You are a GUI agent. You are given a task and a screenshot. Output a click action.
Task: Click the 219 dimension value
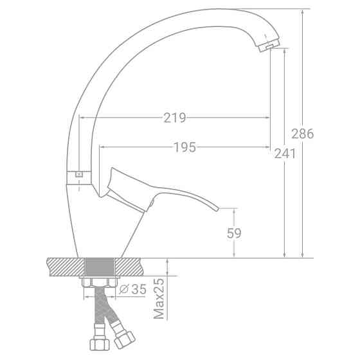pos(175,118)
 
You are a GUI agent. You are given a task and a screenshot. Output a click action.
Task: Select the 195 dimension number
pos(185,147)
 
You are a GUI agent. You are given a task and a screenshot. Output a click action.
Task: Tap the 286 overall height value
pos(302,134)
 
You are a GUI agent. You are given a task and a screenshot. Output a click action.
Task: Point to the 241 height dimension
pos(285,154)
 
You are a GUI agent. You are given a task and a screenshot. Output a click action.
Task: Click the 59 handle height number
pos(234,233)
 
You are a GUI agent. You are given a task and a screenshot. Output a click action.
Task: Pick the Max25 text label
pos(159,298)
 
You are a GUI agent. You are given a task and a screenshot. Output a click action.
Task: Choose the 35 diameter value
pos(139,289)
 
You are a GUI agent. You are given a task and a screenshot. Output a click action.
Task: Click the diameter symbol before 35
pos(123,289)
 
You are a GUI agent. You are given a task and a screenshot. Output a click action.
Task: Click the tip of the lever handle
pos(218,208)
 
